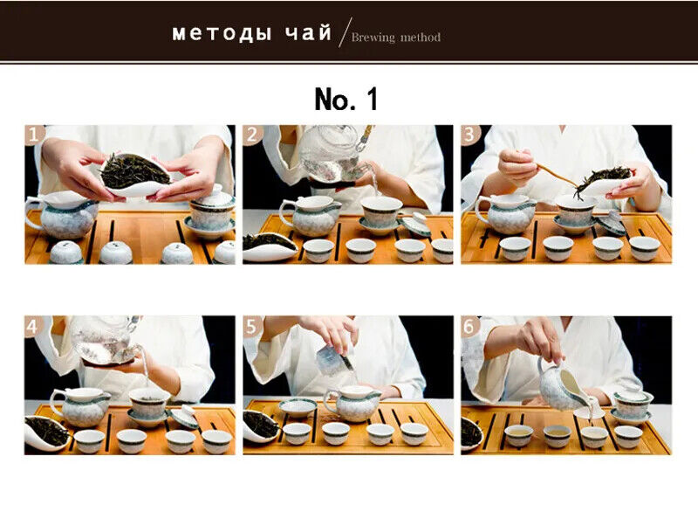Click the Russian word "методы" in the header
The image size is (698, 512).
pos(222,33)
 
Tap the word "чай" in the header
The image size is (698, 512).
pos(309,32)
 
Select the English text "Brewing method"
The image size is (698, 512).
pos(396,37)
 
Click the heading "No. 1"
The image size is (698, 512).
pos(346,99)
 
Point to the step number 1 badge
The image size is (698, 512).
pos(34,135)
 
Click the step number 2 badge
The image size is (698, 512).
pos(252,135)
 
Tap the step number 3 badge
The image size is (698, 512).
pos(470,135)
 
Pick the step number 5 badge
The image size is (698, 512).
pos(252,327)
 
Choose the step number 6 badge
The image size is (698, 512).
pos(470,327)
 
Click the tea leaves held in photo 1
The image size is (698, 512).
pos(135,170)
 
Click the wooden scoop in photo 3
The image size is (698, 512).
pos(558,175)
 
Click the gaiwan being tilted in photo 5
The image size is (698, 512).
pos(334,361)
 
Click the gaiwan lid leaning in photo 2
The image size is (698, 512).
pos(416,225)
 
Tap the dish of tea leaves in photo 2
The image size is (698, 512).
pos(270,247)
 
